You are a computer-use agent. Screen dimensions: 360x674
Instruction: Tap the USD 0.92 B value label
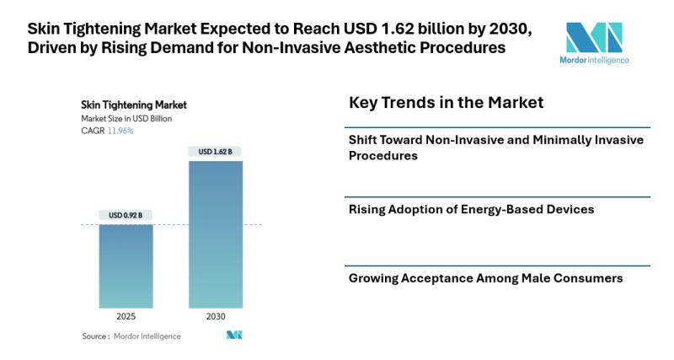126,216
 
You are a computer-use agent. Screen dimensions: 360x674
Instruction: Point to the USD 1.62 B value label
216,152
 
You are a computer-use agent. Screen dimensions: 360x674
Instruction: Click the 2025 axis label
126,317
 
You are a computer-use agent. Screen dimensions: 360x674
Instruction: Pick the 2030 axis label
216,317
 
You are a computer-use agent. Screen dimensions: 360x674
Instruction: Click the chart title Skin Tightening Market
133,105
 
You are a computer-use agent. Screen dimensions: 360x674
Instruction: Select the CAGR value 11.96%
120,131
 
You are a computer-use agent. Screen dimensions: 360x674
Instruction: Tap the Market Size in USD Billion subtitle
126,119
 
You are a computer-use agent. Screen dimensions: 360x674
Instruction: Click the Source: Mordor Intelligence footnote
131,336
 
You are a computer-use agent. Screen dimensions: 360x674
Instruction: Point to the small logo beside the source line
234,336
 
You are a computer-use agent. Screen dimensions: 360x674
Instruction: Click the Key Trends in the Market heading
446,103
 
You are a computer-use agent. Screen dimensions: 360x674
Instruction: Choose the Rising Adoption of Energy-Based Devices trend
471,208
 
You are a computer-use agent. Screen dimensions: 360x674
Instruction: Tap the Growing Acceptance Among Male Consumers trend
485,277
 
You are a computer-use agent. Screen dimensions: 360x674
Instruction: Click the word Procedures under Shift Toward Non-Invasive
383,156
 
